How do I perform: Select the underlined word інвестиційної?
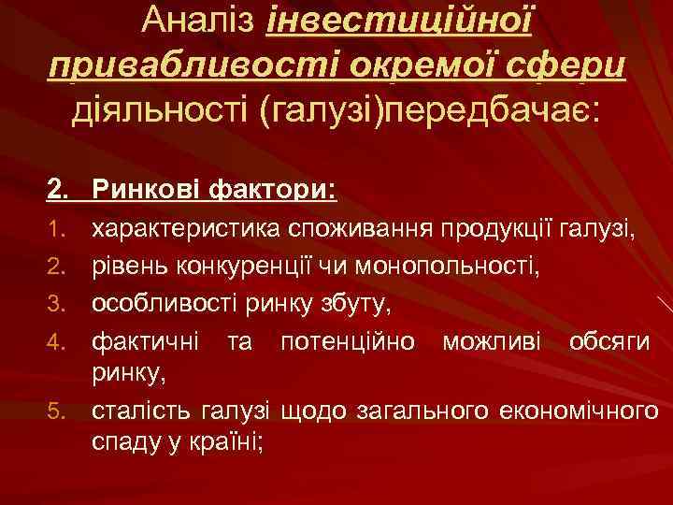(x=399, y=21)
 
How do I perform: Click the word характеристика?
(x=187, y=229)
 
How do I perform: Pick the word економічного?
(x=580, y=409)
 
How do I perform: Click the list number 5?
(x=55, y=409)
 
